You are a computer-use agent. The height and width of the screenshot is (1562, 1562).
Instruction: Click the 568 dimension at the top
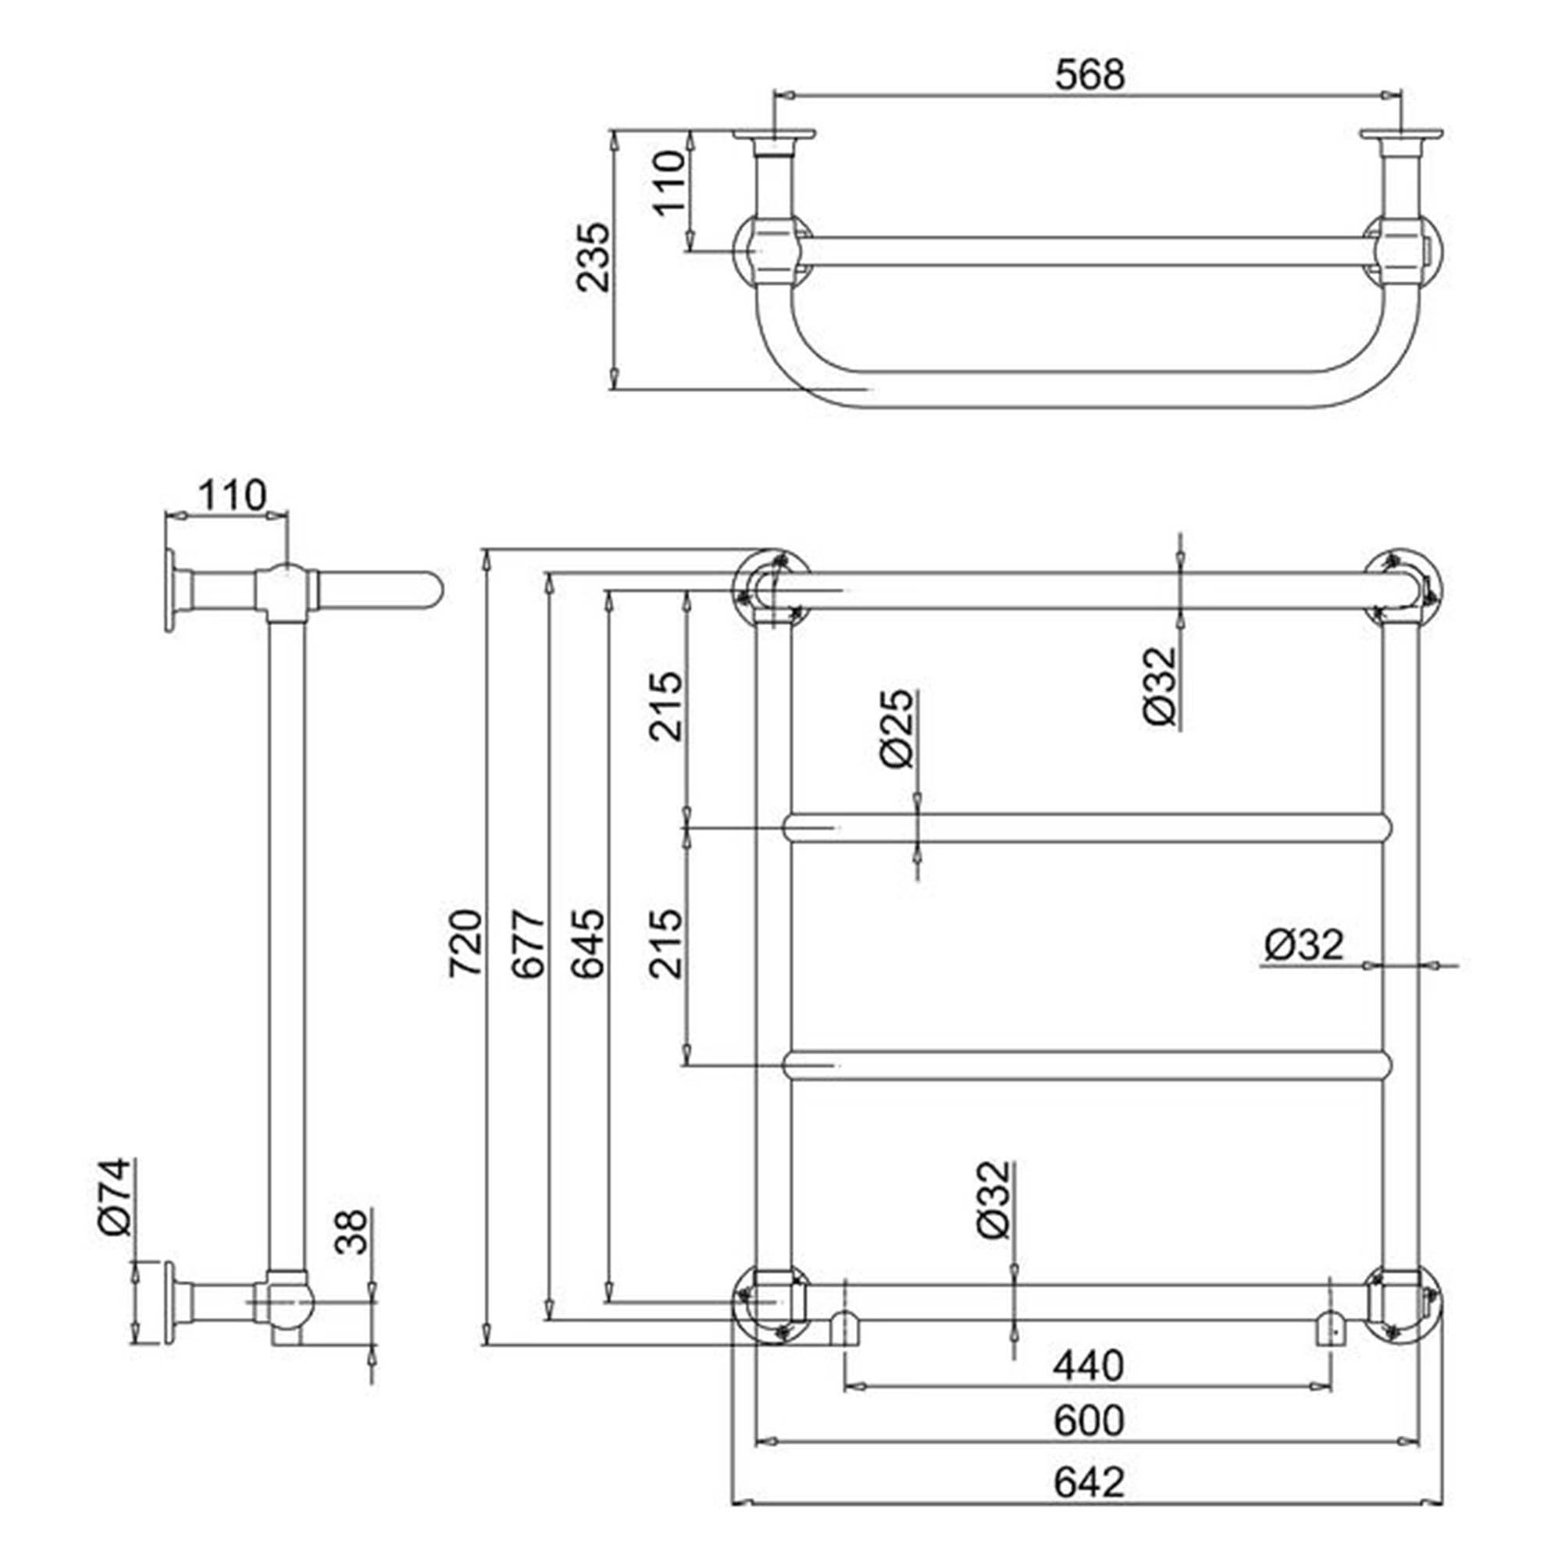(x=1089, y=75)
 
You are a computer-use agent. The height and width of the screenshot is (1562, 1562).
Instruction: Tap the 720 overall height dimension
(x=466, y=943)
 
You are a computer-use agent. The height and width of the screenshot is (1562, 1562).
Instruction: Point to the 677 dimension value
(x=530, y=943)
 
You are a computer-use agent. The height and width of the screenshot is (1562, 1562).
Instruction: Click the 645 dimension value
(x=588, y=943)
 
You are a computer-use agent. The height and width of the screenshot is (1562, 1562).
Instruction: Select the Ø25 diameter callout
(x=896, y=729)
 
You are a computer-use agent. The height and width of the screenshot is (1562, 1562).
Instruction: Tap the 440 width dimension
(x=1088, y=1365)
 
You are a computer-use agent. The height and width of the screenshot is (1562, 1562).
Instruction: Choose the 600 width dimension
(x=1088, y=1421)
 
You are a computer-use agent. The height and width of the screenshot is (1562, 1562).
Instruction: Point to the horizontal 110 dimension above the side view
(x=232, y=496)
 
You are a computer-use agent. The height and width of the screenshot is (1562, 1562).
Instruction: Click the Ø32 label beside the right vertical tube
(x=1304, y=944)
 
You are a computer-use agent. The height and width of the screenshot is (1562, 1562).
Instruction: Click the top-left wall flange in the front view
(x=771, y=589)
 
